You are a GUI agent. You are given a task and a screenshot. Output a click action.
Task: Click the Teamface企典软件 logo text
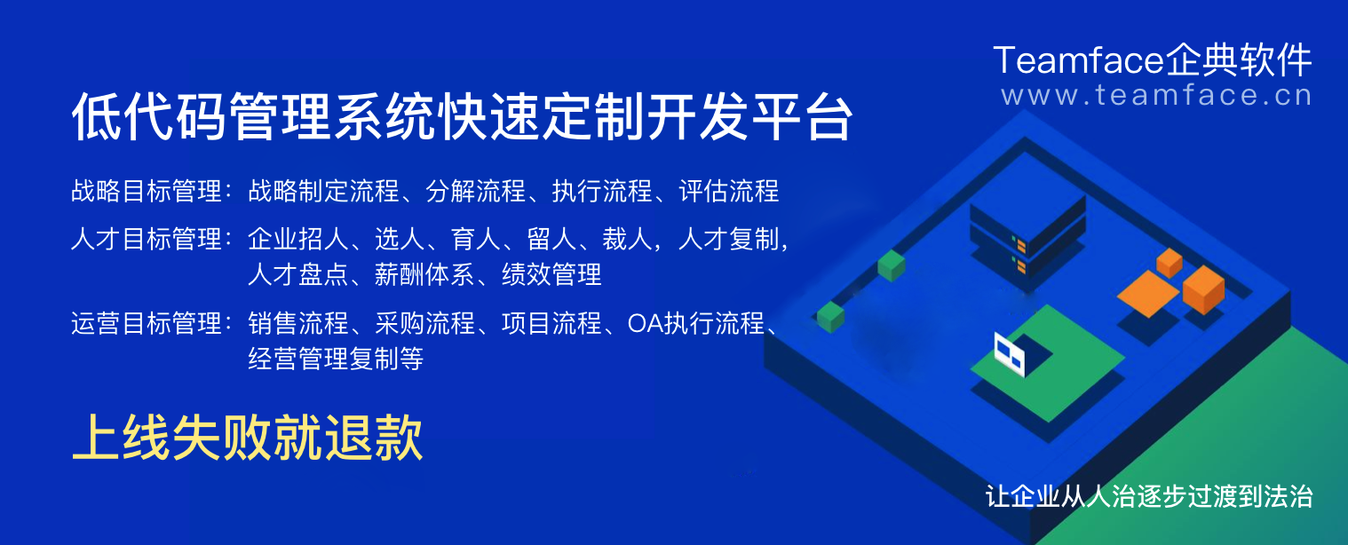click(1152, 60)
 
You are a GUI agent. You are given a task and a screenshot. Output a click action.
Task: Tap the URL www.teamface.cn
click(1156, 94)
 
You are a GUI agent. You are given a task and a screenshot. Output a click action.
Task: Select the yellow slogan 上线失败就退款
click(247, 438)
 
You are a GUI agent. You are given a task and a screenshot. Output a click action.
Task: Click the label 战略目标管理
click(146, 191)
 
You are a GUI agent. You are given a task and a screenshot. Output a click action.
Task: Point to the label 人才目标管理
click(146, 239)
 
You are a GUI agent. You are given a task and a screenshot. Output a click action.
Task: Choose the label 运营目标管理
click(146, 323)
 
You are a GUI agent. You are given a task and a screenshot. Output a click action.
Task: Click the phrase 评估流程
click(728, 191)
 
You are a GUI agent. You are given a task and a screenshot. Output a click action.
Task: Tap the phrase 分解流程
click(476, 191)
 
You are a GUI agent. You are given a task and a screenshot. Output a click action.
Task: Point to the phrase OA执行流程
click(695, 323)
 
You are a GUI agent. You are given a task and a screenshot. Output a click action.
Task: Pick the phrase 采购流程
click(424, 323)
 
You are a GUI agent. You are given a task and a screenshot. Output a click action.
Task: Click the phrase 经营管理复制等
click(336, 359)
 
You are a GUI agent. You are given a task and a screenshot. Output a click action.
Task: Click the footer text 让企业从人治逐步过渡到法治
click(1149, 495)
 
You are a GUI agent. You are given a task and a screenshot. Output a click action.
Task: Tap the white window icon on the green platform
click(1009, 352)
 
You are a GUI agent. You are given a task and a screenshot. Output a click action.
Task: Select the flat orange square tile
click(1147, 293)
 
